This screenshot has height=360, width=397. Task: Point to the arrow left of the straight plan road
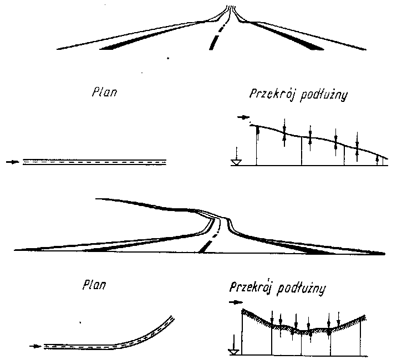tap(11, 162)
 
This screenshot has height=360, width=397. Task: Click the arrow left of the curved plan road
tap(34, 346)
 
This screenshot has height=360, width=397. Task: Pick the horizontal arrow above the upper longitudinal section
tap(242, 117)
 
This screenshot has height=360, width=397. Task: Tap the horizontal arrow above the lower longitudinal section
tap(236, 302)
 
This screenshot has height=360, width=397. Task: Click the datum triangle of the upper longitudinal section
tap(236, 162)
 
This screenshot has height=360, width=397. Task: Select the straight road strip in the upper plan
tap(94, 162)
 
